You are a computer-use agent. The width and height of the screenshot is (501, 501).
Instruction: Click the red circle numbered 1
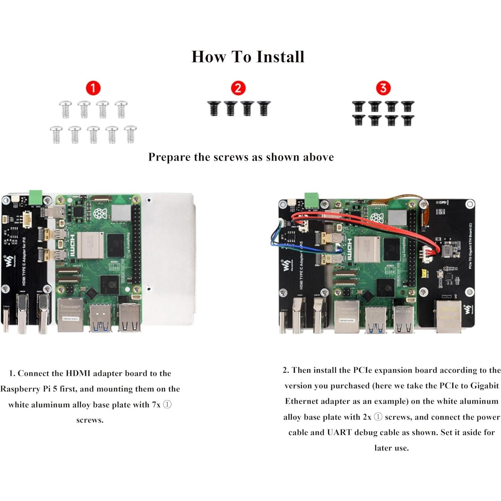(x=93, y=88)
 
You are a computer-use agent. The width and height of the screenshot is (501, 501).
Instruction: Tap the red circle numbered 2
(x=238, y=88)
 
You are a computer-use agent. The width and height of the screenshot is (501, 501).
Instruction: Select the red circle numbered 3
(x=383, y=88)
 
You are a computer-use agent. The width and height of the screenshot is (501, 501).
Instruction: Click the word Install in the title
(x=280, y=56)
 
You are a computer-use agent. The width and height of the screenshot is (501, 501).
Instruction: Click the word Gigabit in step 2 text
(x=484, y=386)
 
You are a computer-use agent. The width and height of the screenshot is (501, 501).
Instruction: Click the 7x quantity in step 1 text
(x=156, y=405)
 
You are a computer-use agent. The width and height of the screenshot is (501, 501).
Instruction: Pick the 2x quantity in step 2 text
(x=367, y=417)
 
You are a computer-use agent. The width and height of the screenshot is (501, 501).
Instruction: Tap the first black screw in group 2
(x=213, y=108)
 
